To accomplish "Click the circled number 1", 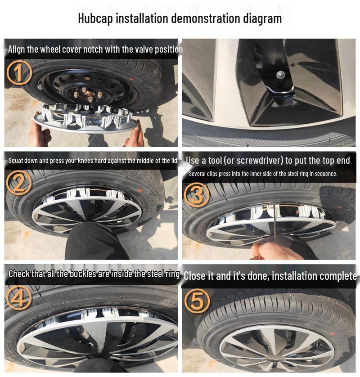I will coord(19,73).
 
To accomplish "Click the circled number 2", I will coord(19,182).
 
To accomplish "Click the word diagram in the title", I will coord(262,18).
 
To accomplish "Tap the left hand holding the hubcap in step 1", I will coord(40,134).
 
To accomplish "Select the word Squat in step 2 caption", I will coord(16,161).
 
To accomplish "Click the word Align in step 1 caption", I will coord(17,49).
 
